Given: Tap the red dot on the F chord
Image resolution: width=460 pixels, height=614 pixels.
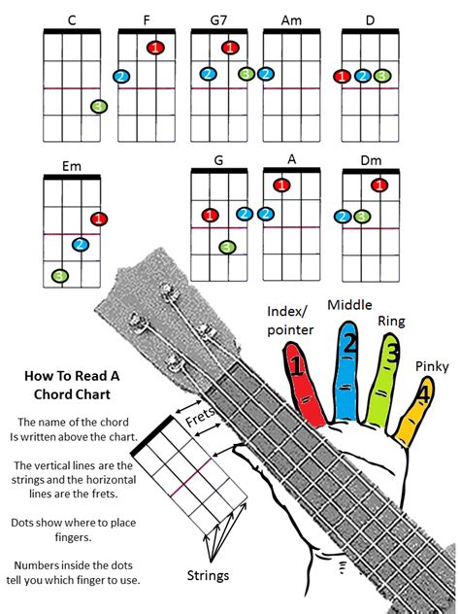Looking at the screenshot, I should click(155, 47).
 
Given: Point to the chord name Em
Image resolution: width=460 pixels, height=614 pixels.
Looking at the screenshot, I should click(71, 166).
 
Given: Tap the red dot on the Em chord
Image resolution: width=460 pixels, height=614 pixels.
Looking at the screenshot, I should click(98, 219).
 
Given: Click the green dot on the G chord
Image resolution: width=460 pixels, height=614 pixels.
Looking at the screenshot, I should click(227, 247).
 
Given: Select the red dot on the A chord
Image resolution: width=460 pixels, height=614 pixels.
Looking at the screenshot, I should click(281, 185).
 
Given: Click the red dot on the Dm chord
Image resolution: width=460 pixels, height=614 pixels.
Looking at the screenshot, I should click(379, 185).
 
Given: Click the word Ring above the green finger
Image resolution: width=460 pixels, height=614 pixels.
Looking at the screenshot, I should click(392, 321).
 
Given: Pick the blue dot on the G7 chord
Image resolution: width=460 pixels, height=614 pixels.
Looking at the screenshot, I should click(208, 74).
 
